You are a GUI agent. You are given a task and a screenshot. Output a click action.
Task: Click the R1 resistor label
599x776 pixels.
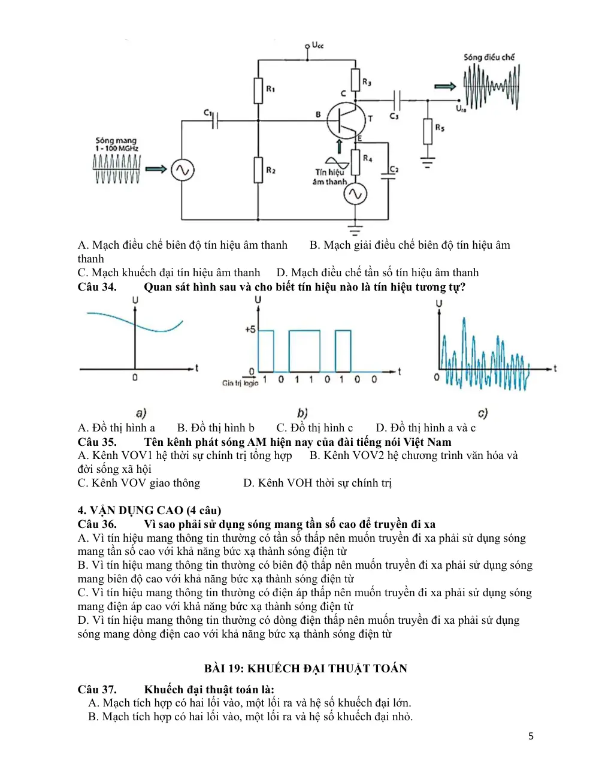(x=270, y=88)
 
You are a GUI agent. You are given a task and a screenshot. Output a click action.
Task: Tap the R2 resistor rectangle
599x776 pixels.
(x=258, y=170)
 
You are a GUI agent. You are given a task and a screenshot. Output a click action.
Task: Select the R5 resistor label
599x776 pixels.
(x=440, y=128)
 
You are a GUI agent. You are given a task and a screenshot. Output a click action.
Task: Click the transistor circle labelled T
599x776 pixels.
(x=346, y=120)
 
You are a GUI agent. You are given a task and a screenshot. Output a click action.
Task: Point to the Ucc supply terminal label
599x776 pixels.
(x=317, y=45)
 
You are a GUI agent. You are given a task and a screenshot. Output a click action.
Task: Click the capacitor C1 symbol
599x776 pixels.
(x=214, y=120)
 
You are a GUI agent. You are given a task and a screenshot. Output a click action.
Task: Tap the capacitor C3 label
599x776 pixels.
(x=394, y=116)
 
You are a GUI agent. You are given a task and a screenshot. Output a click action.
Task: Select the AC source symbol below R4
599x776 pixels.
(x=355, y=194)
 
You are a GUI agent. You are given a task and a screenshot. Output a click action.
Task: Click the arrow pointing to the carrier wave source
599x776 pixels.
(x=156, y=169)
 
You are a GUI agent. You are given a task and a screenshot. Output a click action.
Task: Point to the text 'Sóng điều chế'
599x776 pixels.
(x=489, y=57)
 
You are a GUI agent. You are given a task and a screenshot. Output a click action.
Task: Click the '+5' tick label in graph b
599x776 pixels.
(x=250, y=329)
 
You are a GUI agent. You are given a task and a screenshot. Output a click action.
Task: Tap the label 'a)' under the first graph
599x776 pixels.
(x=141, y=413)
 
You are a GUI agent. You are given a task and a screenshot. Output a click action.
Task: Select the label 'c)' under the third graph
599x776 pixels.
(x=483, y=413)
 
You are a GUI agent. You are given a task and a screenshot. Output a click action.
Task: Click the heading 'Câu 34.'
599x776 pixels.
(x=97, y=287)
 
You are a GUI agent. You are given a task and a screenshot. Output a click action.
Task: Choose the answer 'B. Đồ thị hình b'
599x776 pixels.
(x=216, y=427)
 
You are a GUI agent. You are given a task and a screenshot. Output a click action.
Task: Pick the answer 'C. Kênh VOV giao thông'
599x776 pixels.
(x=139, y=482)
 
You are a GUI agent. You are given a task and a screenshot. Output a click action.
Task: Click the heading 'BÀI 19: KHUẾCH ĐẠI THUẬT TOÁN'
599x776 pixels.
(x=305, y=668)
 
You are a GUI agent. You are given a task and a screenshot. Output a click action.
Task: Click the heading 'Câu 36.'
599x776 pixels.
(x=97, y=524)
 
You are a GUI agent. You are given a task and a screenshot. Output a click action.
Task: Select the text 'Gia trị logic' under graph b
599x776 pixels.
(x=240, y=383)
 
